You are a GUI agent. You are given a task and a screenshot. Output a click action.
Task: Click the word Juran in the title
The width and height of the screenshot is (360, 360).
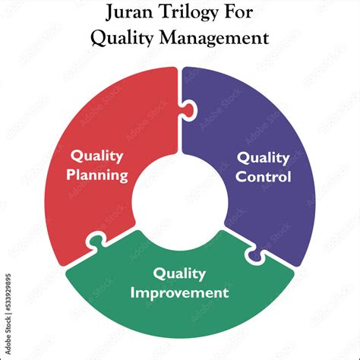(129, 12)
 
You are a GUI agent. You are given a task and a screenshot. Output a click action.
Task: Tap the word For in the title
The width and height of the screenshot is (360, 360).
(238, 12)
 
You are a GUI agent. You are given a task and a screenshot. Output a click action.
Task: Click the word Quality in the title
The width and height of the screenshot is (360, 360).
(122, 38)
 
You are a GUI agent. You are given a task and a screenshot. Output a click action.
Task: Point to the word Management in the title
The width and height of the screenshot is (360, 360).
(214, 38)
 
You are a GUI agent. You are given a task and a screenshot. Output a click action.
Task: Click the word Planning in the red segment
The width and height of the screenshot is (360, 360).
(97, 175)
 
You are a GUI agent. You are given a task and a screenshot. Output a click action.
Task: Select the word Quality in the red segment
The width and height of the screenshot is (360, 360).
(97, 156)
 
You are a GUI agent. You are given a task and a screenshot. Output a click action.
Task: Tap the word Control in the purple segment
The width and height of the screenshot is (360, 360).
(264, 176)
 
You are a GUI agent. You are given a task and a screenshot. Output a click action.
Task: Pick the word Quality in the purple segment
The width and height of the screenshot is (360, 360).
(264, 158)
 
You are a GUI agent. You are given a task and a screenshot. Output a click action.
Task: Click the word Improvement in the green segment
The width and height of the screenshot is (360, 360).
(179, 292)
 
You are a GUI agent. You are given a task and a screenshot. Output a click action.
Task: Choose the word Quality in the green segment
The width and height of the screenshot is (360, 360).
(179, 274)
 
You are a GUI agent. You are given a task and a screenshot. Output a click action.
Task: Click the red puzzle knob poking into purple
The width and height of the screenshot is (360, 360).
(188, 110)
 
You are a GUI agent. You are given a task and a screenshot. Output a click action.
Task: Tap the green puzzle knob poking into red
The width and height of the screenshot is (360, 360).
(95, 242)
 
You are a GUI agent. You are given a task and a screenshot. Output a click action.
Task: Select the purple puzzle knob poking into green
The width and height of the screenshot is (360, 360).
(254, 256)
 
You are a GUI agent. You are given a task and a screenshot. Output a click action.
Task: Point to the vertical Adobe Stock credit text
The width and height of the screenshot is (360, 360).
(8, 314)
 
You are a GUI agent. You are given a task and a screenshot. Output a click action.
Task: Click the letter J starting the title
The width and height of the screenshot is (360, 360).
(110, 12)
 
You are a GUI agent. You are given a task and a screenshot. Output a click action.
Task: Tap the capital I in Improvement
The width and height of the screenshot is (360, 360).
(132, 292)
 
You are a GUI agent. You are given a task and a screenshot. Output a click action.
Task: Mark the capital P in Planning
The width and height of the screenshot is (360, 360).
(71, 174)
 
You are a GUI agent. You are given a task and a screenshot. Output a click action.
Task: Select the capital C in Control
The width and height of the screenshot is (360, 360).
(241, 176)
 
